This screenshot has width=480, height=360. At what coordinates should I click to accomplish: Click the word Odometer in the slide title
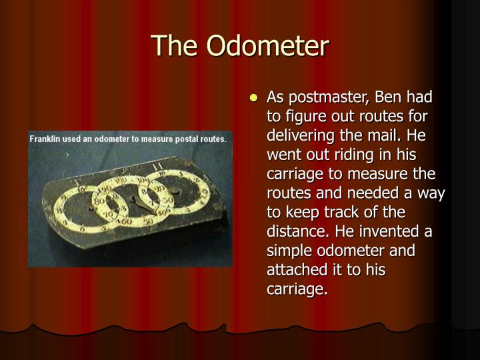coord(267,46)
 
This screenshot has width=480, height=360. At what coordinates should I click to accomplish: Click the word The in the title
coord(177,46)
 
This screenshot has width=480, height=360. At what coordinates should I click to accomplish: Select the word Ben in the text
coord(389,98)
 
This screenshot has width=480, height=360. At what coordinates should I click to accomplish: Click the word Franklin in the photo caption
coord(48,139)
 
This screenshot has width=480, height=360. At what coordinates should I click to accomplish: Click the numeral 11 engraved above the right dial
coord(157,166)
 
